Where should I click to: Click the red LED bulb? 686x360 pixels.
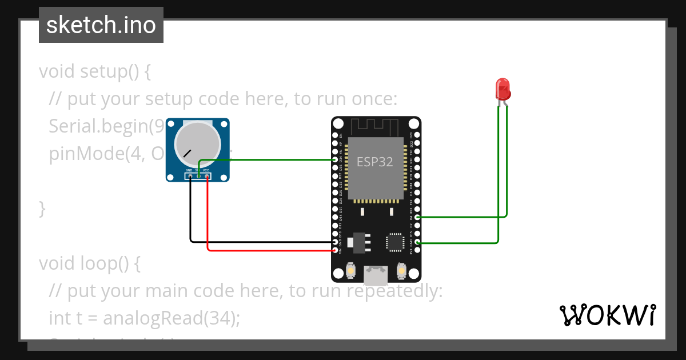[502, 89]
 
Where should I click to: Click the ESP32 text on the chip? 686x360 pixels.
[375, 162]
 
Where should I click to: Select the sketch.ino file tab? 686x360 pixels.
[101, 25]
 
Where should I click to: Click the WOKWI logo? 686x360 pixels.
[607, 315]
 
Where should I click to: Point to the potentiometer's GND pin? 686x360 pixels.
[190, 177]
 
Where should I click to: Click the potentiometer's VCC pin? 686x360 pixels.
[206, 177]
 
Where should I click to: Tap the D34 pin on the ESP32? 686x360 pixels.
[336, 161]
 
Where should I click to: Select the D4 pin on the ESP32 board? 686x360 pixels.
[418, 218]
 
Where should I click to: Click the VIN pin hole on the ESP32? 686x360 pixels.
[336, 251]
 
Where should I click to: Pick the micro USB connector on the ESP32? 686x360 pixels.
[376, 276]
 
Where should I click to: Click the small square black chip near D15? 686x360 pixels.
[395, 242]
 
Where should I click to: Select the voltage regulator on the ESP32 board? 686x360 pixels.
[358, 242]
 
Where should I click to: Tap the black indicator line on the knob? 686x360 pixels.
[188, 154]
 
